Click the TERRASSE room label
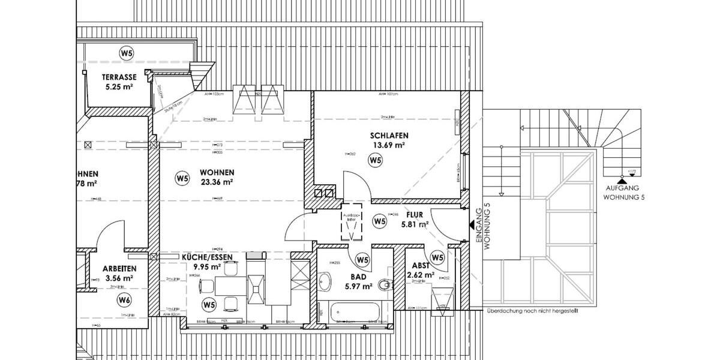119,77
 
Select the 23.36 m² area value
217,181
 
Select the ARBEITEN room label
119,269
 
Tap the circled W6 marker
124,299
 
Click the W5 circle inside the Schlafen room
376,160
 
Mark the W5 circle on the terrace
126,53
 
